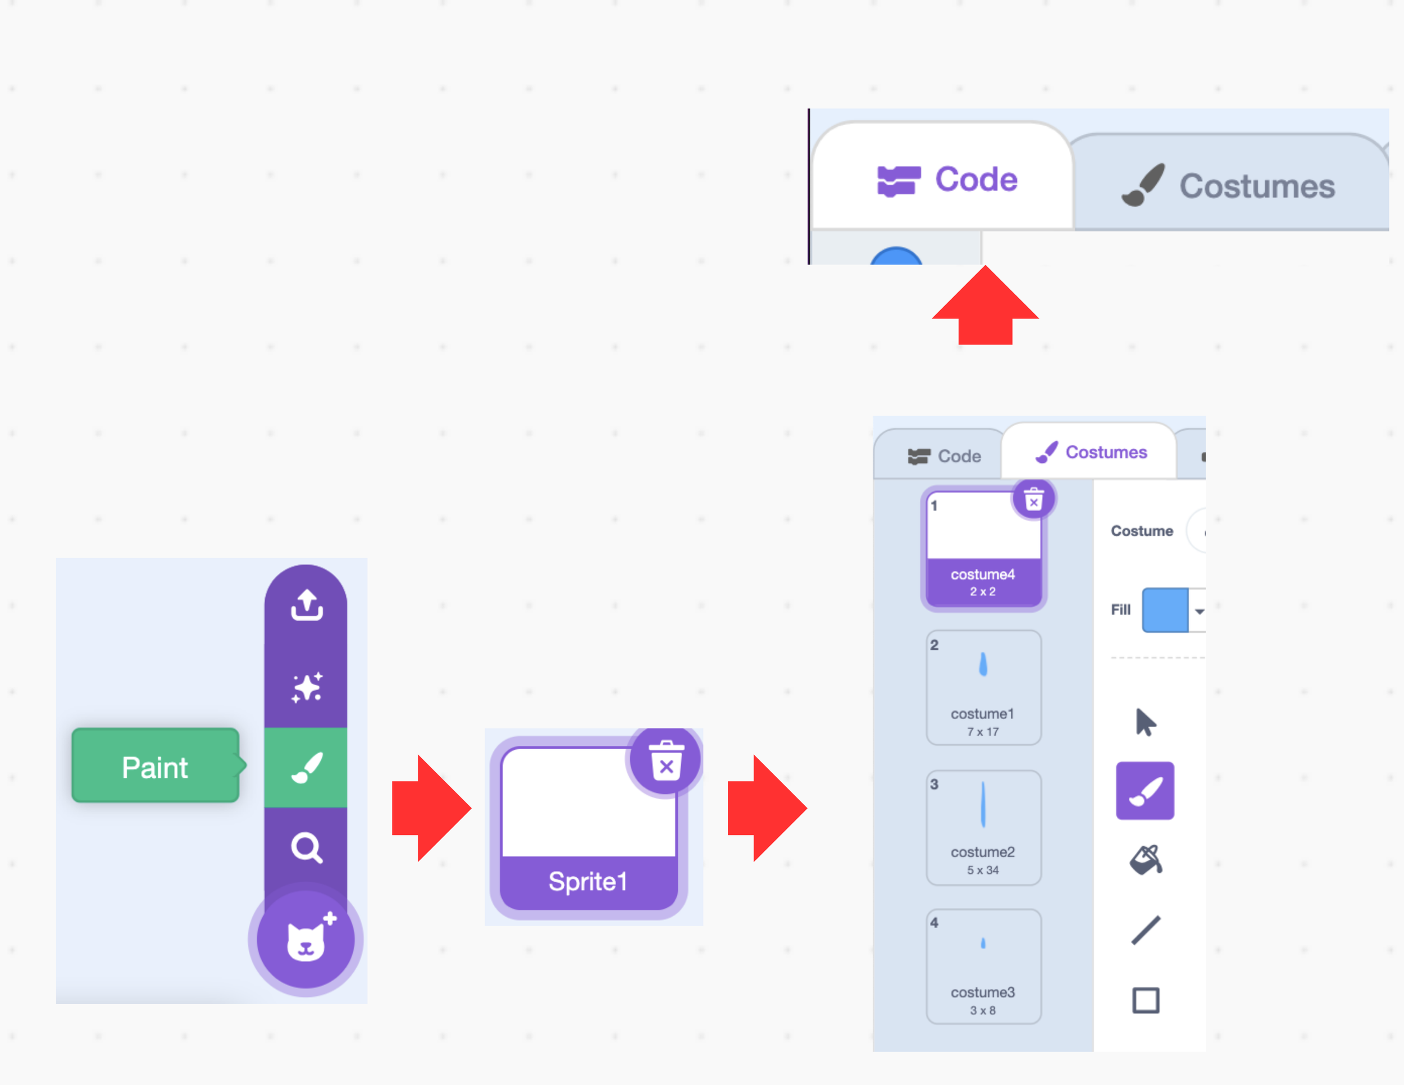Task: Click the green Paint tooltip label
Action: point(155,765)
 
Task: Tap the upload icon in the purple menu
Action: point(307,605)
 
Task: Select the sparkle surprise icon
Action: point(307,687)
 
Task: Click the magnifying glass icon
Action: point(307,848)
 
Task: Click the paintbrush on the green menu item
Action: point(307,768)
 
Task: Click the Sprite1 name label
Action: point(587,881)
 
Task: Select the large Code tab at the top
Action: point(947,179)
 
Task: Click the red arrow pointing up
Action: point(985,307)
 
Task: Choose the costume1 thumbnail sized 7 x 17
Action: point(983,686)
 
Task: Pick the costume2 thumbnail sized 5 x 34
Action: point(983,827)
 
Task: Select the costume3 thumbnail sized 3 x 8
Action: point(983,965)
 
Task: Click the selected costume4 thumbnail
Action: point(983,546)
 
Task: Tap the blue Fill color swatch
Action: point(1164,609)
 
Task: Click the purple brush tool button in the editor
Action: point(1145,791)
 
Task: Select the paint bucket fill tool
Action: point(1146,859)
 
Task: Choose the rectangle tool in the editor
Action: point(1146,1000)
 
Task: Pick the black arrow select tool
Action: point(1145,722)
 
